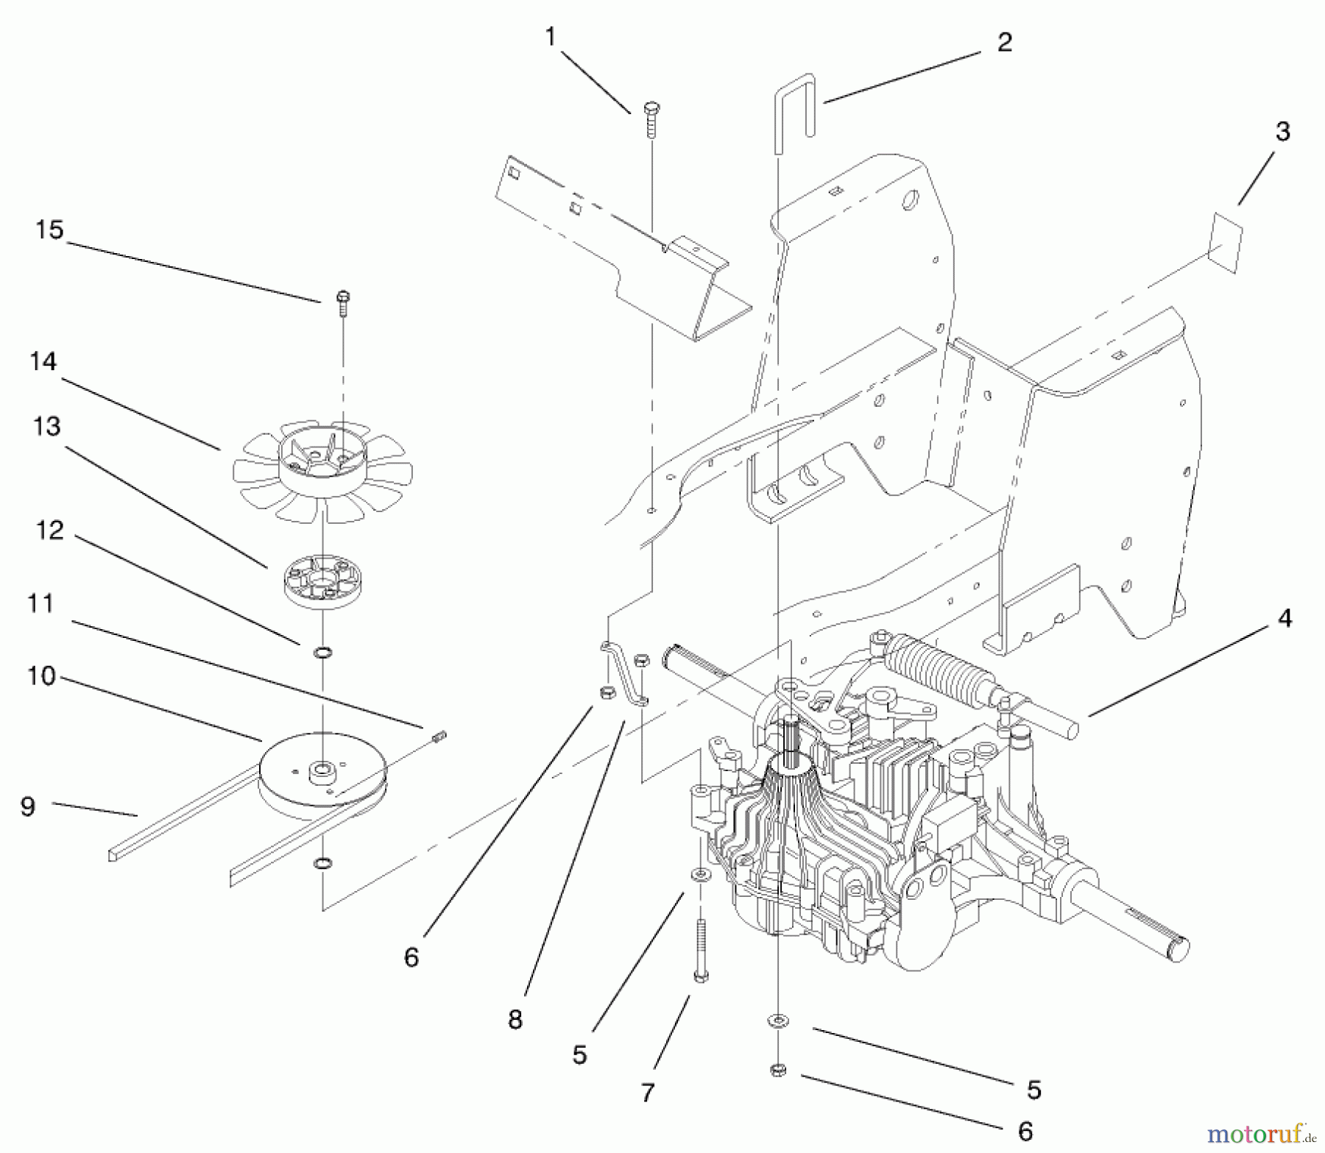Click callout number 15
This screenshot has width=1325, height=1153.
(x=49, y=230)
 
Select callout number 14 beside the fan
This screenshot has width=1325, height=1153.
(x=43, y=361)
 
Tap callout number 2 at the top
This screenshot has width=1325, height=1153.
(x=1005, y=42)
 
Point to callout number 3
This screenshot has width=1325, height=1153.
(x=1282, y=132)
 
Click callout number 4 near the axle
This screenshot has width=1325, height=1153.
(x=1285, y=618)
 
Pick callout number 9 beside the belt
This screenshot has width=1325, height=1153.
(x=27, y=806)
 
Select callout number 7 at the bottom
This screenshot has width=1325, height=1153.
(x=647, y=1093)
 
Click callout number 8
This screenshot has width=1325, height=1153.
(x=515, y=1019)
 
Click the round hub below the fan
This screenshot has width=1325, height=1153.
(x=324, y=583)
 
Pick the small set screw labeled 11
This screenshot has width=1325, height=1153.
(x=440, y=737)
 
